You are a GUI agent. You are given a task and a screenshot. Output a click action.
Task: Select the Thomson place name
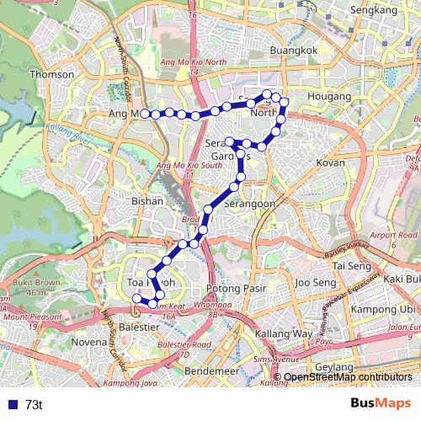[46, 73]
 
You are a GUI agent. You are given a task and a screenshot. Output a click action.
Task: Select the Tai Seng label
[351, 265]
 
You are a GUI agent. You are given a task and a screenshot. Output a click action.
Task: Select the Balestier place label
[140, 323]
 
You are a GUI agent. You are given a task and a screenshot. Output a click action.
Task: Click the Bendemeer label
[210, 370]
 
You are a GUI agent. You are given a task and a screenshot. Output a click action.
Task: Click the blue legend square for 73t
[8, 404]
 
